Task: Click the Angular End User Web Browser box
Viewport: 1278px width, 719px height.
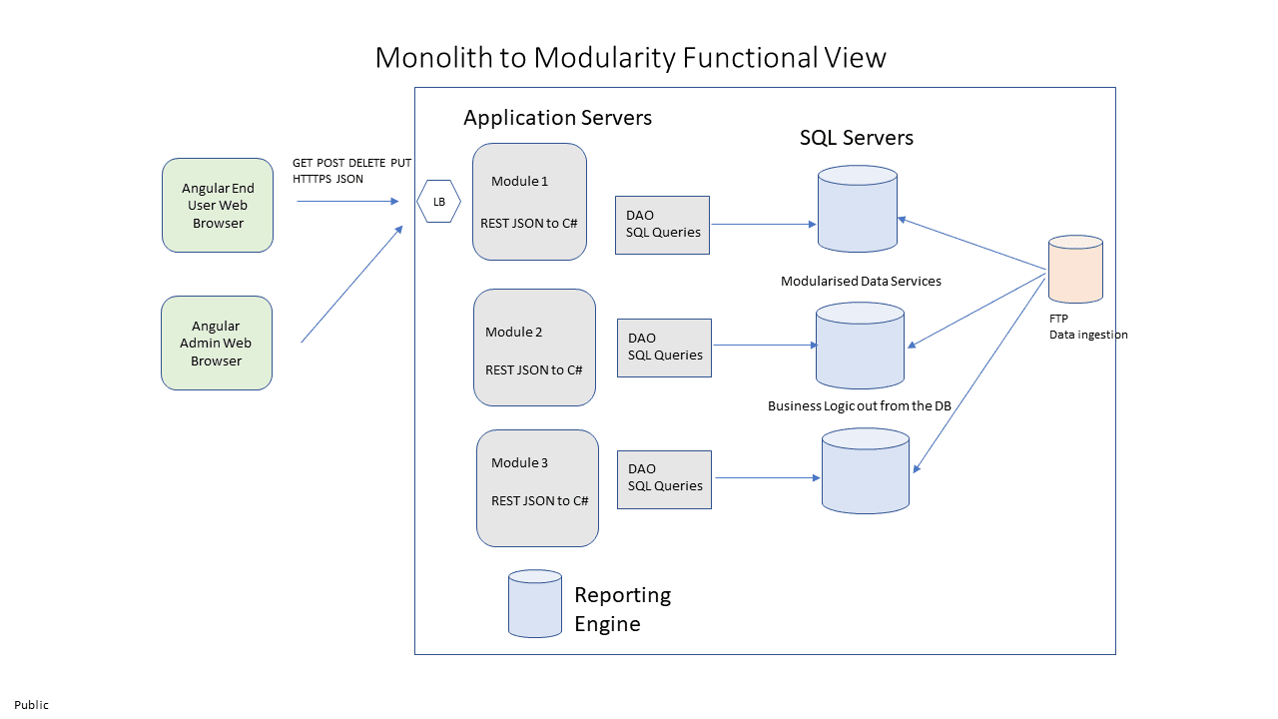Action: point(218,205)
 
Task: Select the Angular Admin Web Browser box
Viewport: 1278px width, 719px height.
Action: point(217,343)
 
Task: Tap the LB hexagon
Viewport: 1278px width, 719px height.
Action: point(438,202)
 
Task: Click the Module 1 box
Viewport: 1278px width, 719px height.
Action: point(529,202)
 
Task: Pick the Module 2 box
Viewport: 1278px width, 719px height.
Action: point(534,348)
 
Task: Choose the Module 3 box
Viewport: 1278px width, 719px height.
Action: point(537,488)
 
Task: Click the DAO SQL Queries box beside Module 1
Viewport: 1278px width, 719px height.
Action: point(662,225)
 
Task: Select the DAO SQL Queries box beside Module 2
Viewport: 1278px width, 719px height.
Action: point(664,348)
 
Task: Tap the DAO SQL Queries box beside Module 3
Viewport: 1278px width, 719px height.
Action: point(664,479)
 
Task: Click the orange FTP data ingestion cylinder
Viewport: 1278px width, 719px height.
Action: point(1075,270)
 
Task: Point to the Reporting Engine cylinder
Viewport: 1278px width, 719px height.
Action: point(535,603)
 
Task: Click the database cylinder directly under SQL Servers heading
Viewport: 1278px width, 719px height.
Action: point(857,209)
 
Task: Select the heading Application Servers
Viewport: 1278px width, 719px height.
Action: point(557,118)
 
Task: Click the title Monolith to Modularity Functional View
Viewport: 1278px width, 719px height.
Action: point(630,58)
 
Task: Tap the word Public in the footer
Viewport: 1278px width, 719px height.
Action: point(31,705)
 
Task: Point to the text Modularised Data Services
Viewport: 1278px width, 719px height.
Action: point(861,282)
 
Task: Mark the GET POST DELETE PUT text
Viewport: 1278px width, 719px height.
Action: point(351,163)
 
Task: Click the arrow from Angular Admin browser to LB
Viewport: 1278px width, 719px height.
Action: point(351,285)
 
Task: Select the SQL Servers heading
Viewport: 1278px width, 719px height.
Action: point(856,138)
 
